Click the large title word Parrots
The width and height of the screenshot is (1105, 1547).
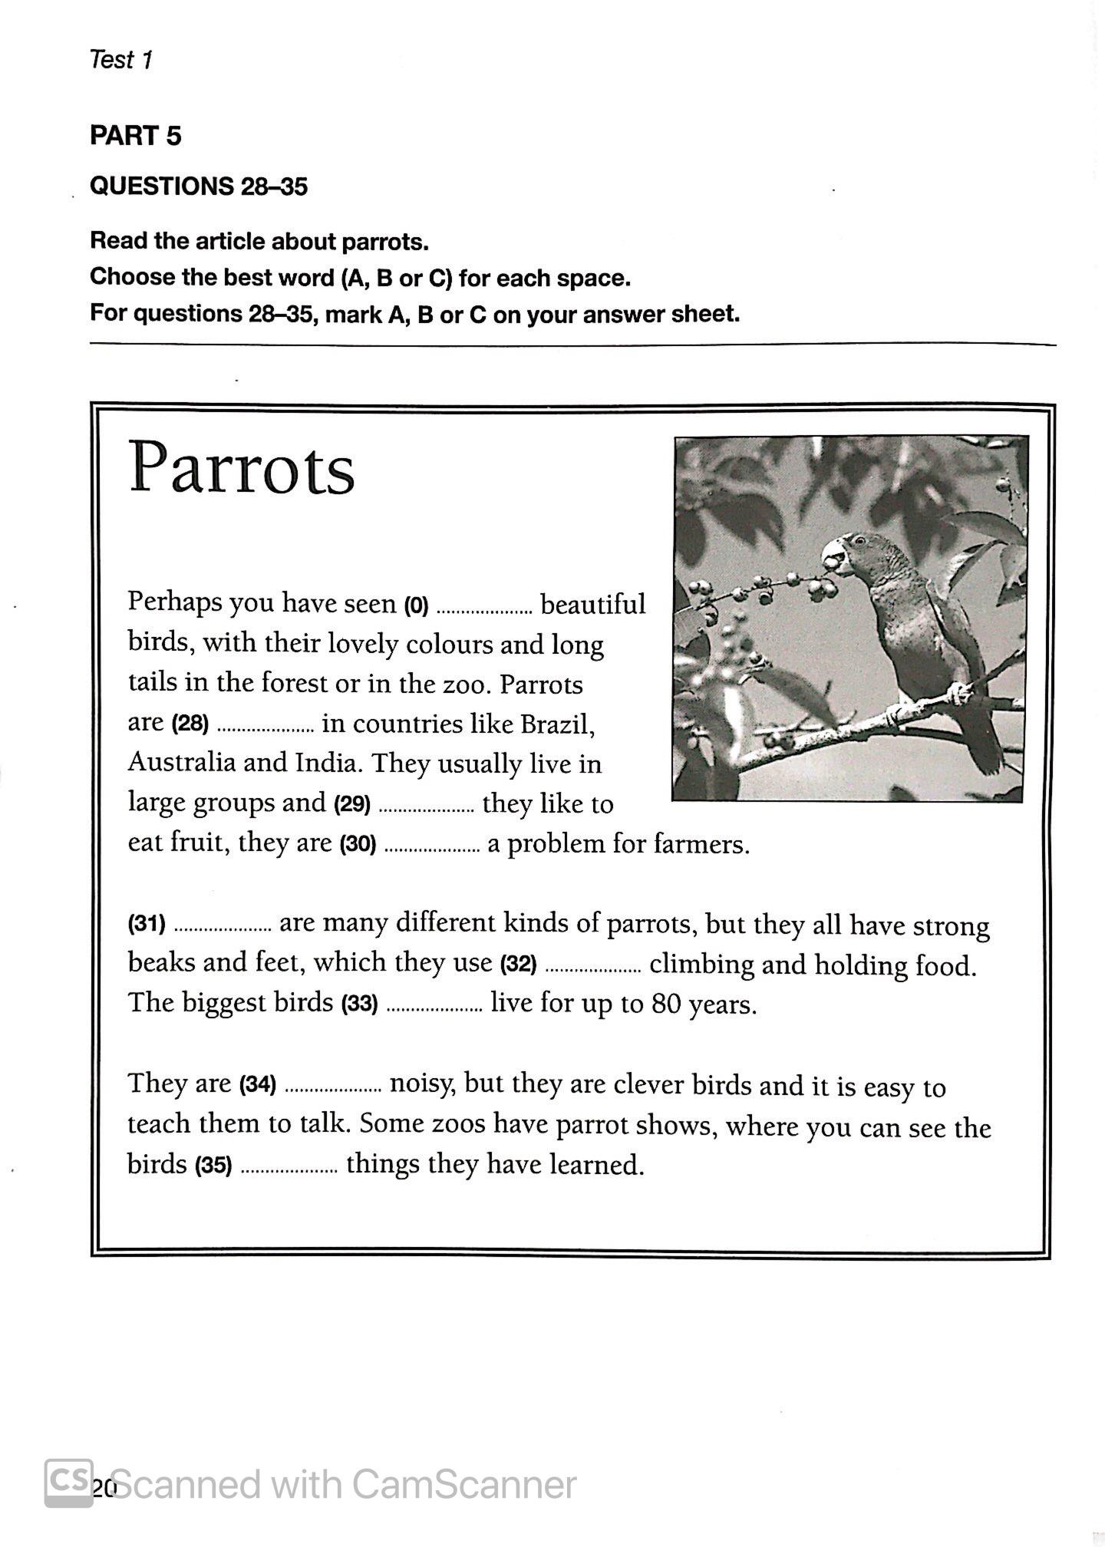pos(241,469)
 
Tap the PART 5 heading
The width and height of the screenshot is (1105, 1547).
pos(135,136)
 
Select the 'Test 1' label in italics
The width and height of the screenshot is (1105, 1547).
pos(121,60)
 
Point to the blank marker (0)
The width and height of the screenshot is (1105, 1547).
pos(415,606)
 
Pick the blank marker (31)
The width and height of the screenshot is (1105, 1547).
pos(147,923)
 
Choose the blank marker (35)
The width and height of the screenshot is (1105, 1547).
pos(213,1166)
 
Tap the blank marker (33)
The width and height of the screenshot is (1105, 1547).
pos(359,1004)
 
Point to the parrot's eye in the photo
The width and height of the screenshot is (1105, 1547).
pos(858,540)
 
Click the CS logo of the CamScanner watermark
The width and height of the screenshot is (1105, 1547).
pos(69,1482)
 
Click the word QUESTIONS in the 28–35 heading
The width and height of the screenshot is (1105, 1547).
pos(161,186)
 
